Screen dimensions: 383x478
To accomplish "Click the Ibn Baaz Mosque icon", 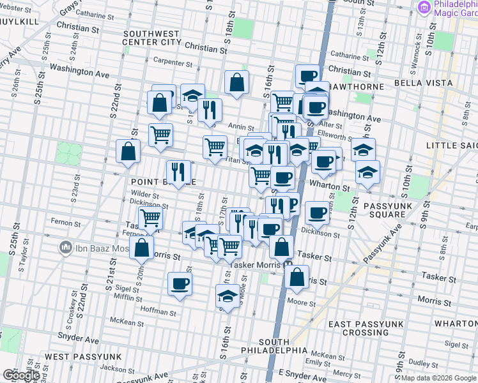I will (x=65, y=246).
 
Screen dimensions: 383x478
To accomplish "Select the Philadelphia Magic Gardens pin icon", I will (x=424, y=7).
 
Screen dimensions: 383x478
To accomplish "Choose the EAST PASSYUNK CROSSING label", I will (x=367, y=328).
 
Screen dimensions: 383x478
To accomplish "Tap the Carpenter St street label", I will (x=173, y=63).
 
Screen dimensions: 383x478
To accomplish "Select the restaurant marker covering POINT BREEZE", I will (x=178, y=171).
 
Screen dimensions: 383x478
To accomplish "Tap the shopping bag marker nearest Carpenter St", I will (x=236, y=81).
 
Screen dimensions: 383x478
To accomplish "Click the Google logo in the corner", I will (x=22, y=375).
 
